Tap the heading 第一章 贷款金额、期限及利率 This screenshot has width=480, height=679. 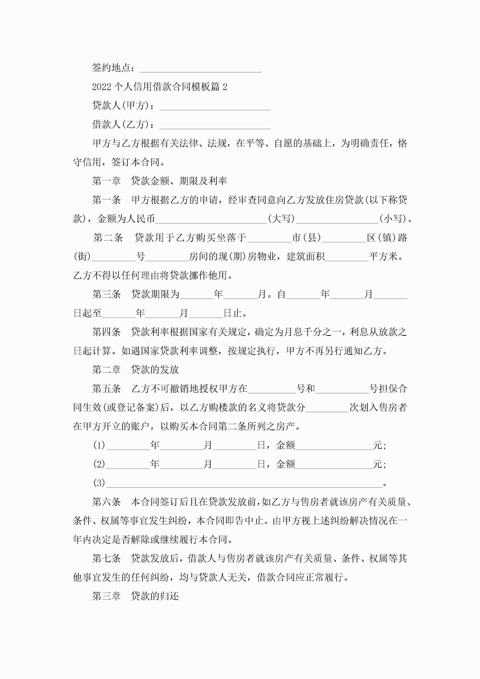pyautogui.click(x=159, y=181)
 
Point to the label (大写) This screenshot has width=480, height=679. pyautogui.click(x=281, y=219)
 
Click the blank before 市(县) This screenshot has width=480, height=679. pyautogui.click(x=269, y=238)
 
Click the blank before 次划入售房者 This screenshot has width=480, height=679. pyautogui.click(x=327, y=408)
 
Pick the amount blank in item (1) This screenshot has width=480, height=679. pyautogui.click(x=334, y=446)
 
